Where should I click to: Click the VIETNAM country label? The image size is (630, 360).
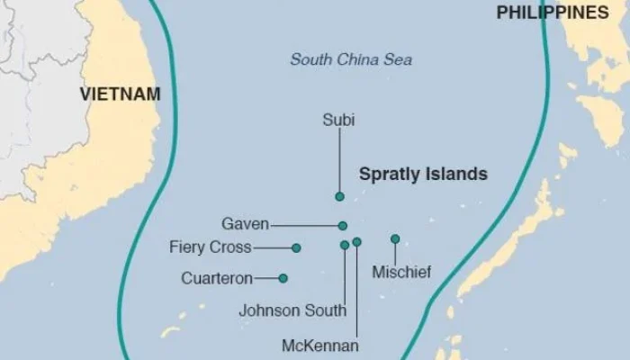point(120,94)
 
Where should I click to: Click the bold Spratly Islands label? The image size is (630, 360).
point(423,174)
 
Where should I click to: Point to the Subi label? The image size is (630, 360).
point(338,119)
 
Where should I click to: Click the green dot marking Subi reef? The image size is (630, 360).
point(339,196)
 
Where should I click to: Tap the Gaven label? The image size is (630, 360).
point(245,224)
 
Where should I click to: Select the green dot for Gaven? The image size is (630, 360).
point(343,226)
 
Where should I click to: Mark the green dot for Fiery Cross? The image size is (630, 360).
point(296,247)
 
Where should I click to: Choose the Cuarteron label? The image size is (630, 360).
point(217,278)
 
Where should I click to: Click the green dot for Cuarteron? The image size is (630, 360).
point(283,278)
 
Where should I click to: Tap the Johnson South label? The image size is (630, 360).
point(292,310)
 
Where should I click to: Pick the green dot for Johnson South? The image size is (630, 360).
point(345,245)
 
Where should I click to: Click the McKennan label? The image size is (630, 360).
point(320,346)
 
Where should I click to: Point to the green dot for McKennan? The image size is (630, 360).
point(357,242)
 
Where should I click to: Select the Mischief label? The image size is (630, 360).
point(400,269)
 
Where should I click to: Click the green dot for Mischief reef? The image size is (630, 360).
point(395,238)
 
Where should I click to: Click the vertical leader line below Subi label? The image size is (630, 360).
point(339,162)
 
